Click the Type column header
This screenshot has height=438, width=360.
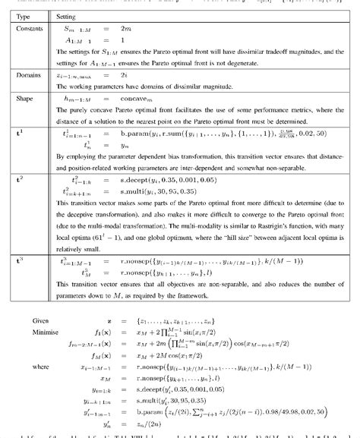tap(24, 15)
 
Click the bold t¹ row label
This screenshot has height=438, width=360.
tap(21, 131)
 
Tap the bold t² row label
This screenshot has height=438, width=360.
tap(21, 183)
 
